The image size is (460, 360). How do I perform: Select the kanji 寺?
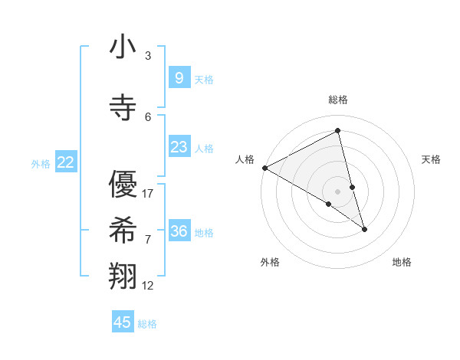point(123,108)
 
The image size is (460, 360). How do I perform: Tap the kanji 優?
point(123,185)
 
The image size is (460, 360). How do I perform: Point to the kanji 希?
point(123,231)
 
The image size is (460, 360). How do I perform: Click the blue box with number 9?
point(179,77)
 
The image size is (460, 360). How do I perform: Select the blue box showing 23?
point(179,147)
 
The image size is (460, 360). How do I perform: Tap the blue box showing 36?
point(179,231)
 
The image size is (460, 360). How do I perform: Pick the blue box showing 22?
point(66,162)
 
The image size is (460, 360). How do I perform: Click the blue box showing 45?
point(123,322)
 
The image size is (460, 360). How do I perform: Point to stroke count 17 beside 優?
point(148,194)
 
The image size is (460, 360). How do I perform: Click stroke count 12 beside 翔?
point(148,286)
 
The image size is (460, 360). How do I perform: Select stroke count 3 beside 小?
point(148,56)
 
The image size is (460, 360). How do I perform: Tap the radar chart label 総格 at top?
point(338,100)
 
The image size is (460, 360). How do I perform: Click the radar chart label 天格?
point(432,159)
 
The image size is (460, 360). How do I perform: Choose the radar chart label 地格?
point(402,262)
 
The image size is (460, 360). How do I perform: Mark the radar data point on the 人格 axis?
point(264,168)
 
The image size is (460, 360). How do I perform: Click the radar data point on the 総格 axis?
point(338,131)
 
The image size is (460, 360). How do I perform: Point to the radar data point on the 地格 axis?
point(364,229)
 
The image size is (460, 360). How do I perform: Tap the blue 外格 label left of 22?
point(41,163)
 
